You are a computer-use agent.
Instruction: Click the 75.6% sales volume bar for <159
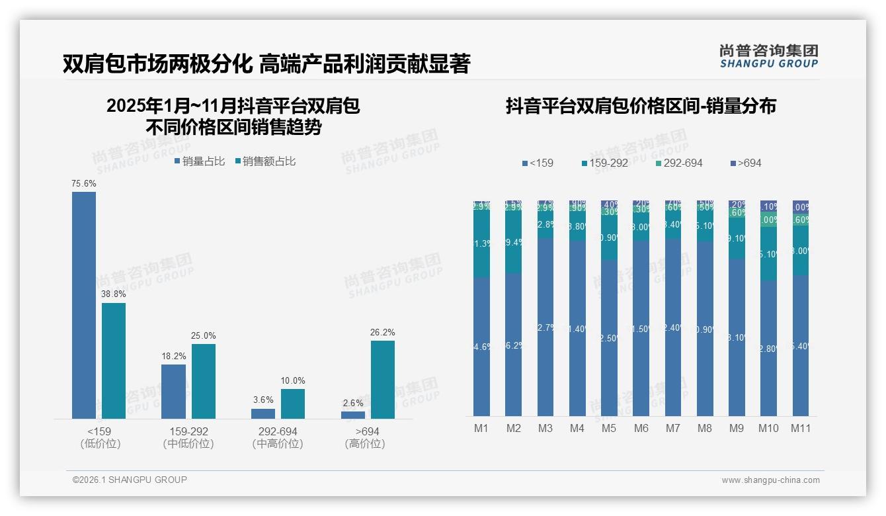click(84, 305)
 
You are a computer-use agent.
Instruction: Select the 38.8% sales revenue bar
click(114, 361)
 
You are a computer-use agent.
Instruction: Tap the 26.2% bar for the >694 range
click(383, 380)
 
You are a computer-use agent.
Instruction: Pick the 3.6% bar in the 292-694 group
click(263, 413)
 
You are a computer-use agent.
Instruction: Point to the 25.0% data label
click(203, 335)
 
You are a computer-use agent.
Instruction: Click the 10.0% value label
click(293, 380)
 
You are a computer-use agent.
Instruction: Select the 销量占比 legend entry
click(200, 161)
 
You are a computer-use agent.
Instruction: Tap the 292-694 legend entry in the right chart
click(679, 163)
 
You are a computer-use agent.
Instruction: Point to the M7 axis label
click(672, 428)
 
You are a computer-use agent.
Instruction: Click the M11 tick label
click(800, 428)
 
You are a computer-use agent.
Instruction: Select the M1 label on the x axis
click(481, 428)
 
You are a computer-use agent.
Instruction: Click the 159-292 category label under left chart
click(188, 431)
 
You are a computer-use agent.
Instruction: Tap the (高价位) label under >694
click(365, 444)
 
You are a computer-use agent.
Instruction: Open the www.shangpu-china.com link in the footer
click(770, 480)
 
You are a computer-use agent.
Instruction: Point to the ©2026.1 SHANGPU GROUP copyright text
click(130, 480)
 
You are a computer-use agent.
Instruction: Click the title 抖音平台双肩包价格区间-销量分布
click(641, 106)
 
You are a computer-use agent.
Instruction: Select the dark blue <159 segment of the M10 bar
click(768, 348)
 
